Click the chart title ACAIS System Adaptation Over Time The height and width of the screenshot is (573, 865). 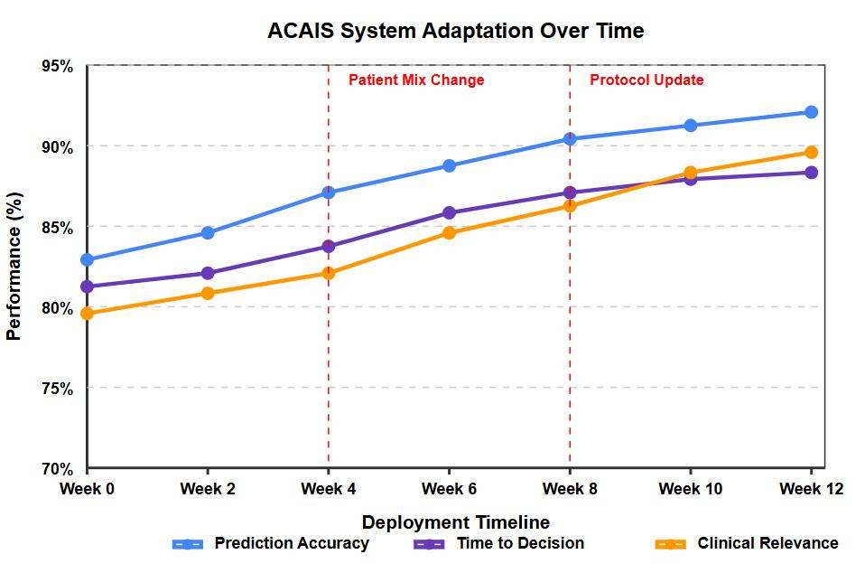[x=455, y=31]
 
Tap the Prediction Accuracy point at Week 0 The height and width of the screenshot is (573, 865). [x=88, y=259]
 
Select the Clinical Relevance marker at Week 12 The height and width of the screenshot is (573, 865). [x=811, y=152]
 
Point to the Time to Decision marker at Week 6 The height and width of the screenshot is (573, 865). [x=449, y=213]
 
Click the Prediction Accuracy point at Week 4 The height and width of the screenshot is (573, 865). [x=329, y=193]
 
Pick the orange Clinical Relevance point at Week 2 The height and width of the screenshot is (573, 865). [x=208, y=293]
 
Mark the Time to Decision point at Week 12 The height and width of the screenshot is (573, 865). [x=811, y=173]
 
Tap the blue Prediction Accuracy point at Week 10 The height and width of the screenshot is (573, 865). [x=691, y=126]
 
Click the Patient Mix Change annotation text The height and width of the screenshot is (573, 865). [x=416, y=80]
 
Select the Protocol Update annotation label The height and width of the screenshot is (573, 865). [x=646, y=80]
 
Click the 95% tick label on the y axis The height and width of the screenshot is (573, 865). [x=57, y=66]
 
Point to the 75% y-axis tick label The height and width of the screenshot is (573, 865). [x=57, y=389]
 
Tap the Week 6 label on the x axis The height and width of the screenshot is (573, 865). [x=449, y=490]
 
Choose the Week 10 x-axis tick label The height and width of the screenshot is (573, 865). [x=691, y=490]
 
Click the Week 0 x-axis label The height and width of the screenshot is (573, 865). [x=88, y=490]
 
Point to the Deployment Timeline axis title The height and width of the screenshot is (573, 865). [x=455, y=522]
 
